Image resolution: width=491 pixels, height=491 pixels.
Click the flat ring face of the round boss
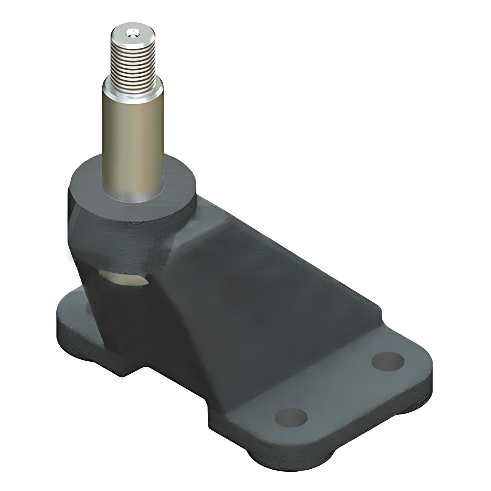178,187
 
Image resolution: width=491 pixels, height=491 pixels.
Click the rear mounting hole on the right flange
388,362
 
